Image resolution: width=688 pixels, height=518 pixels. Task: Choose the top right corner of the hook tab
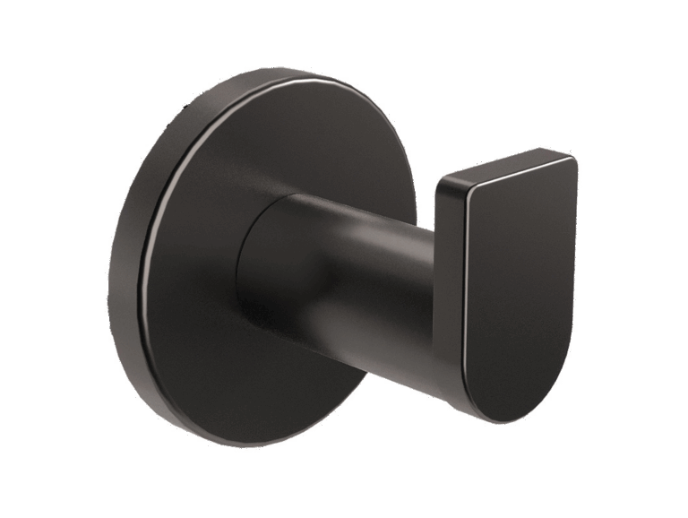(572, 161)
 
